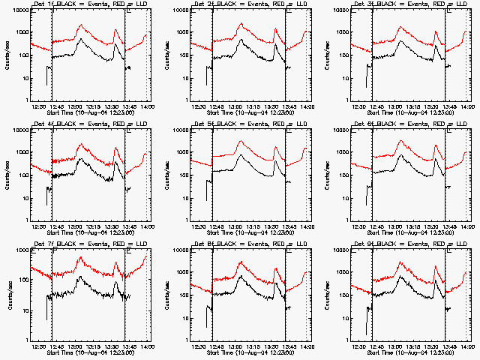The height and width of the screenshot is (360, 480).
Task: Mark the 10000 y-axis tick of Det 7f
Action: (x=19, y=250)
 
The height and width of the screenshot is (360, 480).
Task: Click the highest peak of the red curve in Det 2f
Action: (x=241, y=25)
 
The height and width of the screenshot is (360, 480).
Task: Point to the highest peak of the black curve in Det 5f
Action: (x=241, y=156)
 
